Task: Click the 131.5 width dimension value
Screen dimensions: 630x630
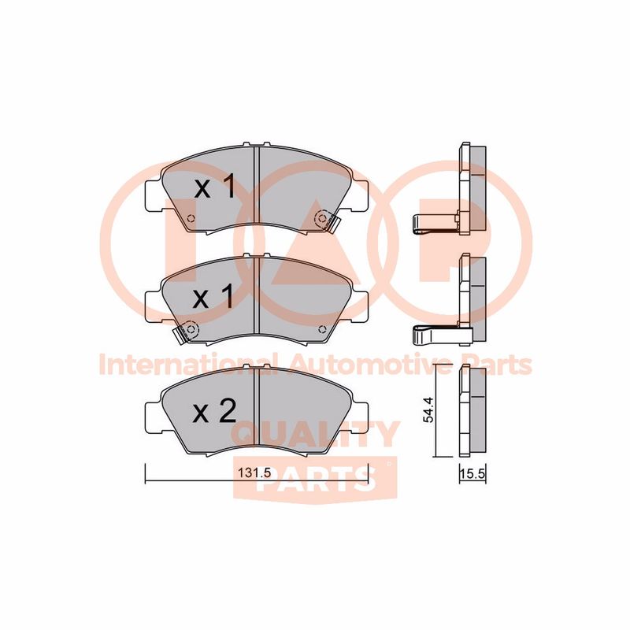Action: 254,473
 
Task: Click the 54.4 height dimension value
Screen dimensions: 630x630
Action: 428,409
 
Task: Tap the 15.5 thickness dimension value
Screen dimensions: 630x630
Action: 473,474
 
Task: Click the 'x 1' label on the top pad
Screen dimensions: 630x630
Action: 214,187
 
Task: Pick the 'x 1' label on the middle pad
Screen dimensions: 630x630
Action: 213,297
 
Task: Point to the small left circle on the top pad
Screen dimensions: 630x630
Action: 191,219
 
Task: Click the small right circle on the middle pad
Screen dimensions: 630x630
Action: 321,330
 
